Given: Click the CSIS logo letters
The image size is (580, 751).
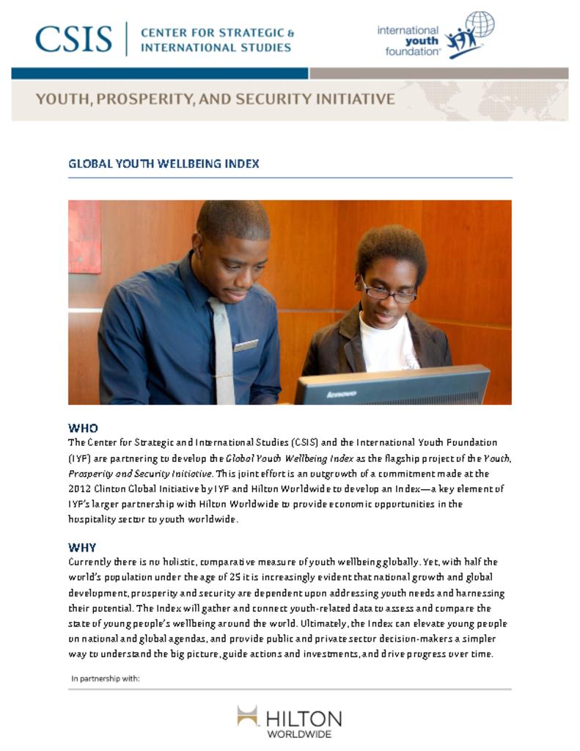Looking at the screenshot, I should pyautogui.click(x=73, y=39).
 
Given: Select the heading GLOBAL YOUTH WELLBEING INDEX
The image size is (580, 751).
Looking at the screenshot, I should pyautogui.click(x=164, y=164).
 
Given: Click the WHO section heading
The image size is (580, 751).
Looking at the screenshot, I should pyautogui.click(x=83, y=428).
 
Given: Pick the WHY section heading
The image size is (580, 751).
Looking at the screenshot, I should pyautogui.click(x=82, y=547).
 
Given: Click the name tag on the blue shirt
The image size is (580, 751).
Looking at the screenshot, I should pyautogui.click(x=246, y=345).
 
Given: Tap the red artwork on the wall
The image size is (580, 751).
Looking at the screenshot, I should pyautogui.click(x=84, y=237).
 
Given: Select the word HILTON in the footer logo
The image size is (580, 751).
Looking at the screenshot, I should pyautogui.click(x=304, y=718).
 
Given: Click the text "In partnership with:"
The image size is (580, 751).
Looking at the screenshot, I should pyautogui.click(x=106, y=678).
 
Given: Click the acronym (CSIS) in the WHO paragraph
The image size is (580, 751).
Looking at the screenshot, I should pyautogui.click(x=304, y=442).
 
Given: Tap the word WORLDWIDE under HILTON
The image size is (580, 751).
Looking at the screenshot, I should pyautogui.click(x=299, y=733).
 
